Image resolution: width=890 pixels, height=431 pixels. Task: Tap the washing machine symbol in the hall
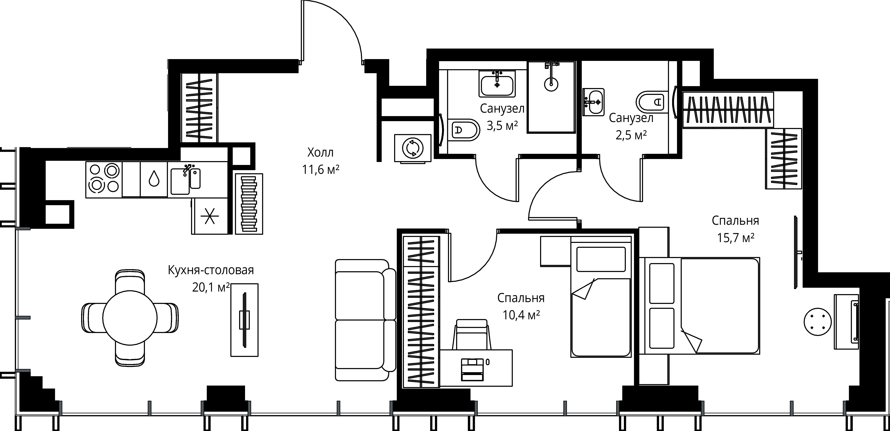tap(413, 148)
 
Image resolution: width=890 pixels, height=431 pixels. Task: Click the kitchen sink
tap(186, 180)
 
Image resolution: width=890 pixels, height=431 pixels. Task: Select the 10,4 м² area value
tap(521, 315)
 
